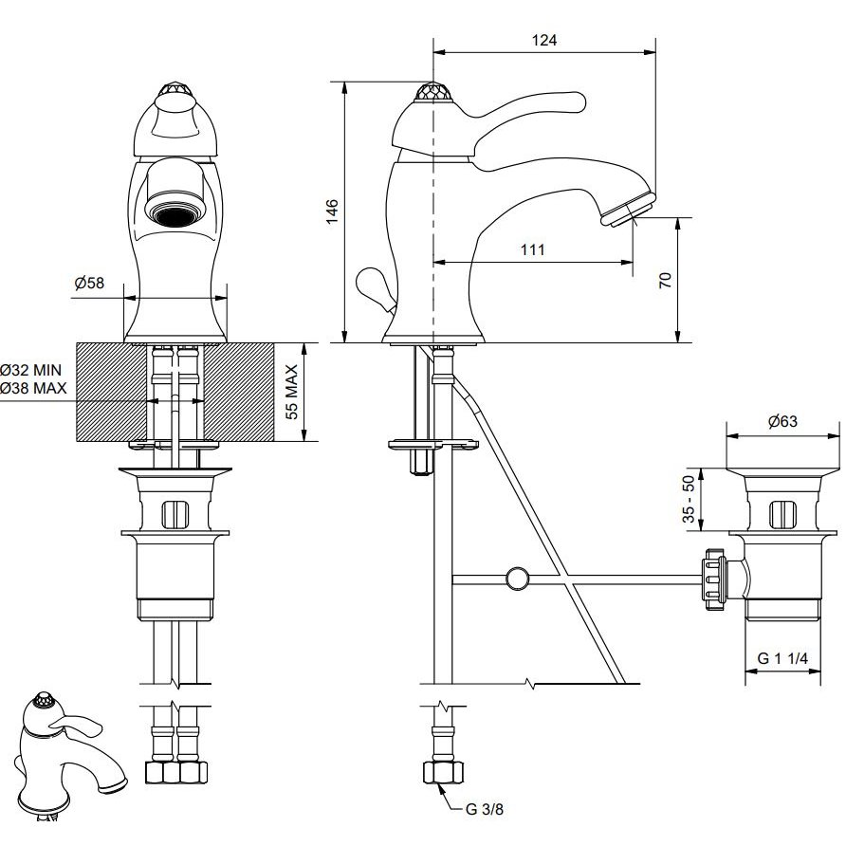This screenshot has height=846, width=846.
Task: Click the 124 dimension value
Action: (x=543, y=41)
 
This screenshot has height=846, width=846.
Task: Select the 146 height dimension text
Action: (x=332, y=211)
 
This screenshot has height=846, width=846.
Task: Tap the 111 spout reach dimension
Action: (x=532, y=249)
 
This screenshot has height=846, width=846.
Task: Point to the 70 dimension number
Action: (x=666, y=280)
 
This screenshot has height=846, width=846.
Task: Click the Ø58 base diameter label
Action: (x=89, y=283)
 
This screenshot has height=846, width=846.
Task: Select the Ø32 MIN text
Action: (x=31, y=370)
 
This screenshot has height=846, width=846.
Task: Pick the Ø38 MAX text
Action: (x=33, y=388)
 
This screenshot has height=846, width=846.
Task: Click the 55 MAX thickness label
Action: (x=291, y=393)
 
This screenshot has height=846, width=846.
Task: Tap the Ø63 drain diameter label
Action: (x=782, y=421)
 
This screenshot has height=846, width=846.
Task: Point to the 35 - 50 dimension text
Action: (x=689, y=499)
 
